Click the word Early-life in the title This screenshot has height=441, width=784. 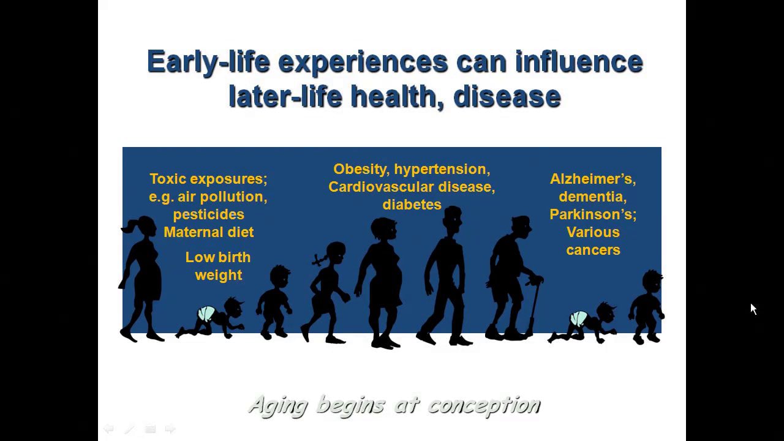[x=209, y=62]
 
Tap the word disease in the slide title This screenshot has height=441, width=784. [x=507, y=97]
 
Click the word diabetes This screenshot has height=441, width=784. [x=412, y=205]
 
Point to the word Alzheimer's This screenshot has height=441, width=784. [x=593, y=179]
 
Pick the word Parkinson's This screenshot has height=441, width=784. [x=593, y=214]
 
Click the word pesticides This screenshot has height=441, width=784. [x=209, y=215]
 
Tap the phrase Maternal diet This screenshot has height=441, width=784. [x=209, y=232]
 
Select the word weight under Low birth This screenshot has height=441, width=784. [x=219, y=276]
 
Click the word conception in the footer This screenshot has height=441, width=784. [x=484, y=406]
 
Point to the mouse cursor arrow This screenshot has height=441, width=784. [x=753, y=309]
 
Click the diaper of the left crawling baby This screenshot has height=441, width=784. [x=206, y=312]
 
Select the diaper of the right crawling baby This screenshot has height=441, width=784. [x=579, y=318]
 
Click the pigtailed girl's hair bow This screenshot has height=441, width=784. [x=319, y=260]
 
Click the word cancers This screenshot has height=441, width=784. [x=593, y=251]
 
